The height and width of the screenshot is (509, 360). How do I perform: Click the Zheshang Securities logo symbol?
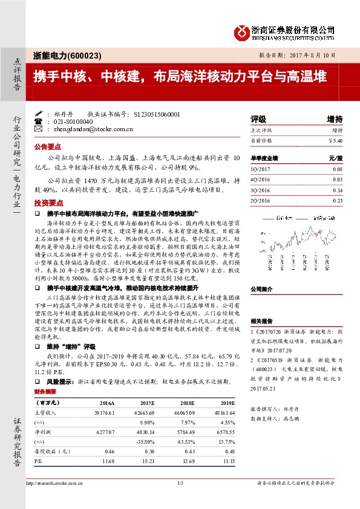(243, 31)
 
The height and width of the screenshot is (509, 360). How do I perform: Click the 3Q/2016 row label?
(261, 189)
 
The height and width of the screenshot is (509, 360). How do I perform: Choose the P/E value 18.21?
(151, 461)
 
